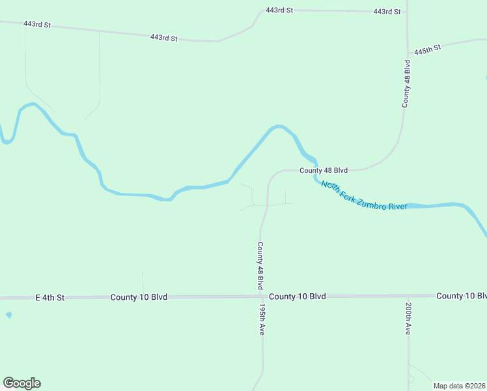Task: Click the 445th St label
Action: pyautogui.click(x=428, y=49)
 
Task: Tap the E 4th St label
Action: pyautogui.click(x=50, y=297)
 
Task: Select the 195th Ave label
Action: pyautogui.click(x=261, y=319)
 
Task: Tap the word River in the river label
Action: pyautogui.click(x=397, y=207)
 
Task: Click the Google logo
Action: pyautogui.click(x=21, y=383)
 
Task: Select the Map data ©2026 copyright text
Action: pyautogui.click(x=459, y=385)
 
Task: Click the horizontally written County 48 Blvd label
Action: pyautogui.click(x=324, y=170)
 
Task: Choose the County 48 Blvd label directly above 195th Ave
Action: pyautogui.click(x=260, y=266)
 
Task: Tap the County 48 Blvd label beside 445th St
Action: pyautogui.click(x=406, y=83)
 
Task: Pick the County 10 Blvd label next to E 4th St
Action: pyautogui.click(x=139, y=297)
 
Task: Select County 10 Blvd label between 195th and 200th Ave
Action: pyautogui.click(x=298, y=297)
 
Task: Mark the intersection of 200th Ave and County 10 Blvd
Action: pyautogui.click(x=408, y=296)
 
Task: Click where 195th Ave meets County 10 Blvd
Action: pyautogui.click(x=263, y=297)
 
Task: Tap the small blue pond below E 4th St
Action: pyautogui.click(x=8, y=315)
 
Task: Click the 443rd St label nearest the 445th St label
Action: pyautogui.click(x=387, y=12)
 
